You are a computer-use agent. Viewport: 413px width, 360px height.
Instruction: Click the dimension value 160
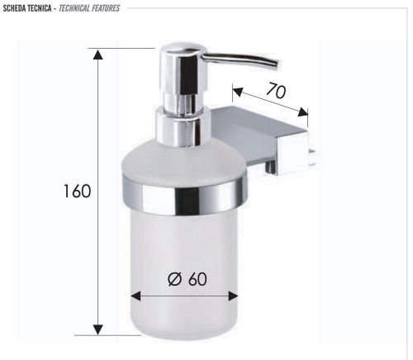point(77,192)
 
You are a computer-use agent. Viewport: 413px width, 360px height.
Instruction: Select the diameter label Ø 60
point(187,278)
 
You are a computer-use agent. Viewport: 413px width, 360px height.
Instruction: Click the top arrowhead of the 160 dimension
point(98,54)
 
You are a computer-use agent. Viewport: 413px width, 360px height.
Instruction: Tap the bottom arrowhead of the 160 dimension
point(98,329)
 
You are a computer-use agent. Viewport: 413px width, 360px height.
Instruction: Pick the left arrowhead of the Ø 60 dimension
point(135,296)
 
